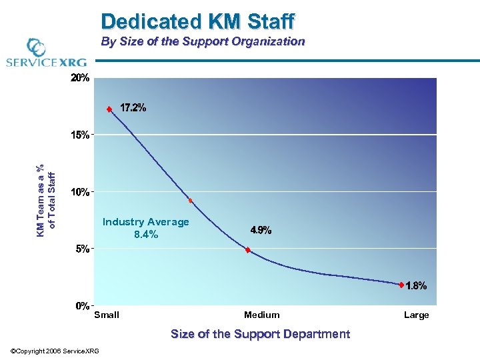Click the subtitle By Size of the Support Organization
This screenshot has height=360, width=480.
[x=203, y=41]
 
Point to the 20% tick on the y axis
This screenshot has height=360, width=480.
[x=80, y=78]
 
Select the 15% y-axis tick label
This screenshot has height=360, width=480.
[x=80, y=135]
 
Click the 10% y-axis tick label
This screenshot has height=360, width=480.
[x=80, y=192]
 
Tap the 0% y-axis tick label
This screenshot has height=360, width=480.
[x=82, y=306]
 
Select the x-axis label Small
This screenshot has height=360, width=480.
[x=107, y=315]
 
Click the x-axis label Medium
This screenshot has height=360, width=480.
[x=262, y=315]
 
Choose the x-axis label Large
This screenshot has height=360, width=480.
[x=417, y=315]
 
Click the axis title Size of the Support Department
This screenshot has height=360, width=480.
[x=260, y=334]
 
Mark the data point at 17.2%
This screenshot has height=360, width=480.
[x=109, y=109]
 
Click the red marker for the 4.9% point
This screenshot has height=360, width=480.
[x=248, y=250]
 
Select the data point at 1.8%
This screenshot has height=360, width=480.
[x=401, y=285]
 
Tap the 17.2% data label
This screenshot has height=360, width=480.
[x=133, y=107]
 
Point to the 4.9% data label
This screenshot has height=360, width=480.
[x=261, y=230]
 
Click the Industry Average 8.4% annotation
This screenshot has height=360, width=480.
[x=145, y=228]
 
